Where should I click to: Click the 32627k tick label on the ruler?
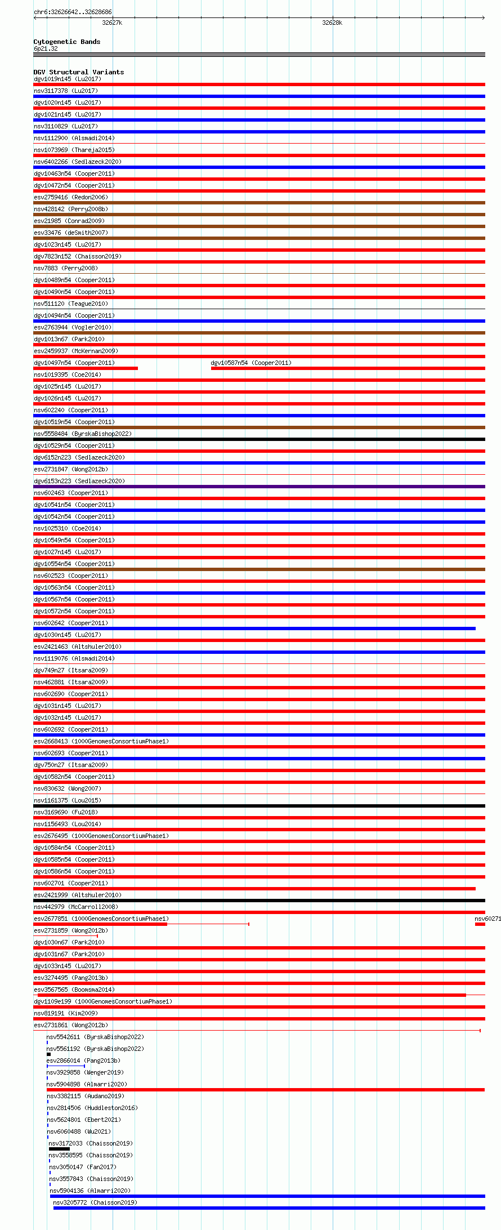click(112, 23)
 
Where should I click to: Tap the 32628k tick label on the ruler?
click(332, 23)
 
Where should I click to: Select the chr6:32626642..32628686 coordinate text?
click(73, 12)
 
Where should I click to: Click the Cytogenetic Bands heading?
click(67, 42)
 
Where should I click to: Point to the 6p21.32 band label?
click(46, 48)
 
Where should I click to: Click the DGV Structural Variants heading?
click(79, 72)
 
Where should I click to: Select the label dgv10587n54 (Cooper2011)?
click(251, 363)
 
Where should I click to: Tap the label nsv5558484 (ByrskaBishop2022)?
click(83, 434)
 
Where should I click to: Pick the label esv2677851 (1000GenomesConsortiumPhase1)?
click(101, 919)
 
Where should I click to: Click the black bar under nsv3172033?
click(60, 1149)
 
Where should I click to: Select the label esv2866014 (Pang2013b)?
click(83, 1060)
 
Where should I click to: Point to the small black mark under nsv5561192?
click(49, 1054)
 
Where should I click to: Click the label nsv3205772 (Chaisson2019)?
click(95, 1202)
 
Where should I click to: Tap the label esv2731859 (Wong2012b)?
click(70, 930)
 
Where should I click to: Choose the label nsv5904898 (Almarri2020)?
click(87, 1084)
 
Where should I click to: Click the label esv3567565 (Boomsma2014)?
click(74, 990)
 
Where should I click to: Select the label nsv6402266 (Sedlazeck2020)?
click(78, 162)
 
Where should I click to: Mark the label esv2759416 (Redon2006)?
click(71, 197)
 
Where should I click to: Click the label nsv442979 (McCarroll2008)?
click(76, 907)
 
